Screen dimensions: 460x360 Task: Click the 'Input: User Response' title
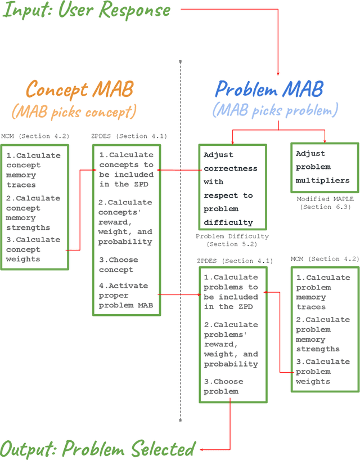87,10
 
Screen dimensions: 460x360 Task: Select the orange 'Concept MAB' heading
79,89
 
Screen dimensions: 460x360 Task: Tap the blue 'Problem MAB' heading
269,89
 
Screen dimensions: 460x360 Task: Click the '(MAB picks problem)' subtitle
276,109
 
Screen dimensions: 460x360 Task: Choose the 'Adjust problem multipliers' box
323,167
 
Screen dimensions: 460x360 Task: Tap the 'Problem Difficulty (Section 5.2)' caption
232,240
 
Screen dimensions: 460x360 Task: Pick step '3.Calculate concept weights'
33,249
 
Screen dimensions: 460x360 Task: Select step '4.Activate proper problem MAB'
126,296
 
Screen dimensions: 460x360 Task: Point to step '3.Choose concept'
119,265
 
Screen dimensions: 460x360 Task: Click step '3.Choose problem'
224,386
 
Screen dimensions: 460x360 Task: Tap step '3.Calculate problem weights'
322,372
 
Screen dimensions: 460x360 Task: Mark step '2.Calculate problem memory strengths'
322,334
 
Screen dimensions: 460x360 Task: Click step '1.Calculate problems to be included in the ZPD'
231,292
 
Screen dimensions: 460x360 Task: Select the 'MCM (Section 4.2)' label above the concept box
35,136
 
